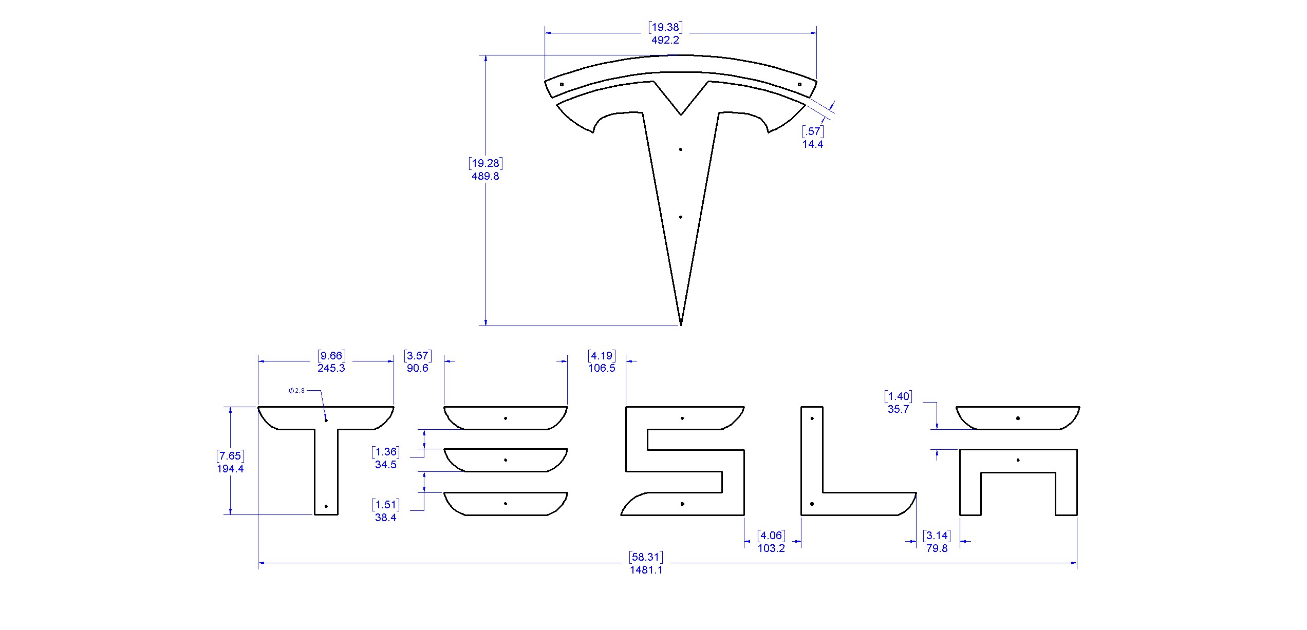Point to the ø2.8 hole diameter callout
(x=297, y=391)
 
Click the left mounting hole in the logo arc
(x=562, y=84)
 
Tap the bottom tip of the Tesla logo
(x=681, y=324)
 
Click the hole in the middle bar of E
(x=506, y=460)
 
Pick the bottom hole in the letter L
(x=812, y=504)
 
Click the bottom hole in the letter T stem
(x=326, y=506)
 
